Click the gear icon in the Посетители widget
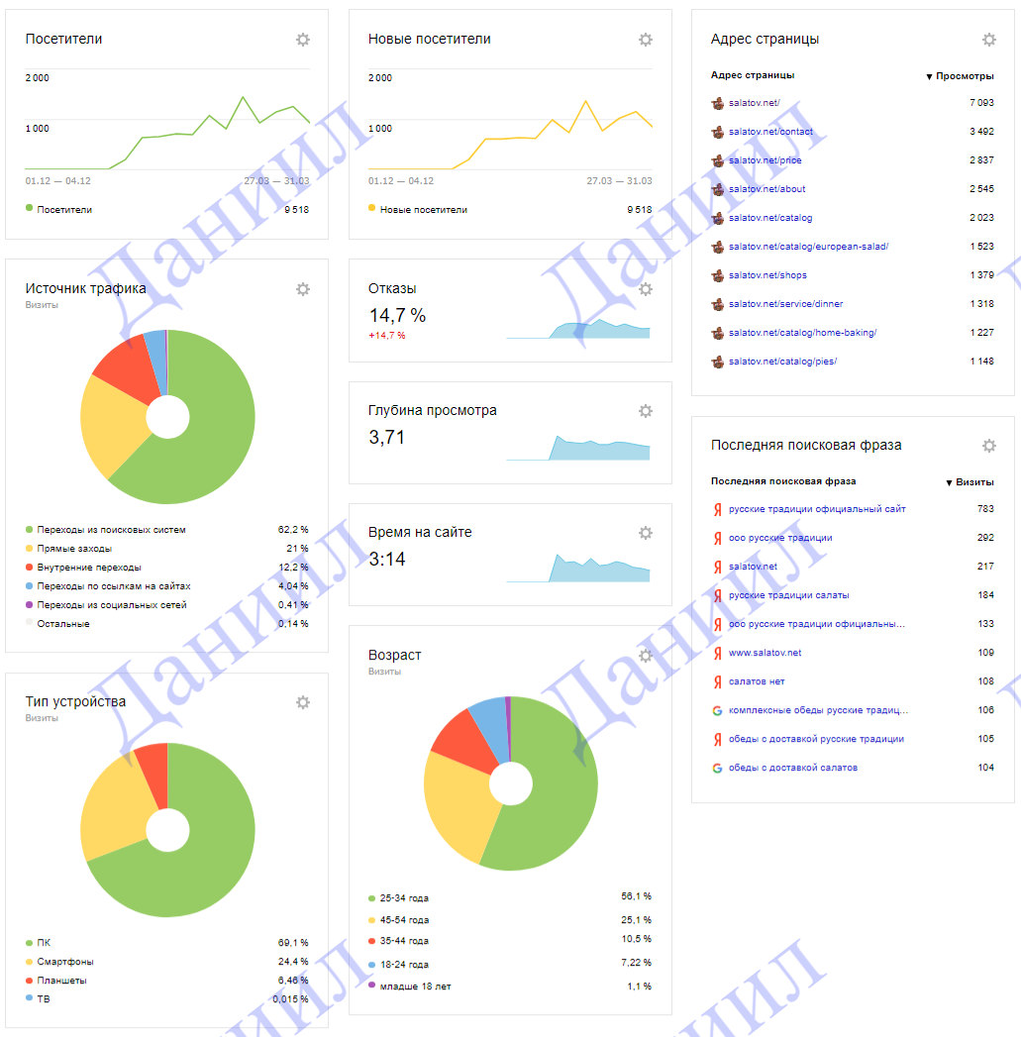pos(303,40)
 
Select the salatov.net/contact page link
pos(770,132)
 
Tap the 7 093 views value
pos(981,103)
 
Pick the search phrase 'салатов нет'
pos(757,681)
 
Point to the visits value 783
pos(984,509)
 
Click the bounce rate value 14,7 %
pos(397,316)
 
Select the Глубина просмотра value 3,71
pos(387,437)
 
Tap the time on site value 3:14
pos(387,559)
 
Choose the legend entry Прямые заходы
pos(74,549)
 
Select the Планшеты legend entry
pos(61,981)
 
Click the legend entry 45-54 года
pos(404,920)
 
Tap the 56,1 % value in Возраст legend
pos(636,896)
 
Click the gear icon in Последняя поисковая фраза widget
pos(989,446)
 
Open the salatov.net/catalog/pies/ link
pos(782,362)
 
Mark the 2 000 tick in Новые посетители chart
pos(380,78)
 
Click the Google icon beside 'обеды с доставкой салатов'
pos(717,768)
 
